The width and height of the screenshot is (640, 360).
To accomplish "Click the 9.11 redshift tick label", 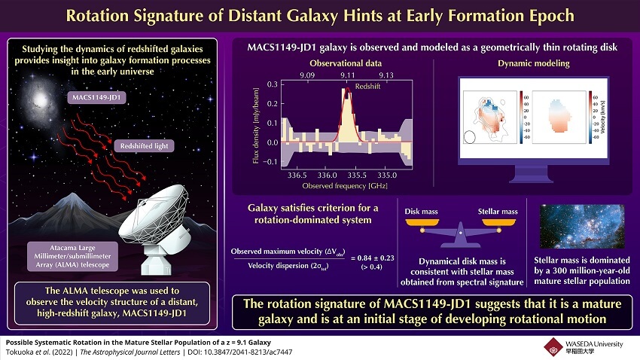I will point(347,75).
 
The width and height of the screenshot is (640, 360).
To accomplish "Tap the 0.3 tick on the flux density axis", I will point(273,84).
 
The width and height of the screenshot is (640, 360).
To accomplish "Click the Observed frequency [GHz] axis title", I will point(337,185).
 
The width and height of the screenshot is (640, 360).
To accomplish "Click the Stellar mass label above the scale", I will point(498,212).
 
